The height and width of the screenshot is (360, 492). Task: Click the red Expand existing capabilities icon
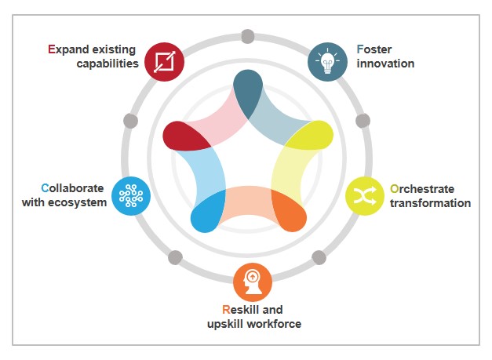[x=166, y=60]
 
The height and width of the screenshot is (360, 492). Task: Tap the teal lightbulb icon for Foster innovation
[x=326, y=60]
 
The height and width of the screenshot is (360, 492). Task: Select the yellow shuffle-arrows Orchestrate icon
[x=366, y=197]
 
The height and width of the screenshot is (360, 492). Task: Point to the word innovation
[x=385, y=63]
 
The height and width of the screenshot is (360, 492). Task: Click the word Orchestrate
[x=421, y=189]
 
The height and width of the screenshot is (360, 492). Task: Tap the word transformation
[x=430, y=203]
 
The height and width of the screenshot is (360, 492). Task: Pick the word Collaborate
[x=74, y=188]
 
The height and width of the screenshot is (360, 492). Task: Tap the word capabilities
[x=108, y=63]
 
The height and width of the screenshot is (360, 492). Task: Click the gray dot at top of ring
[x=247, y=35]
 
